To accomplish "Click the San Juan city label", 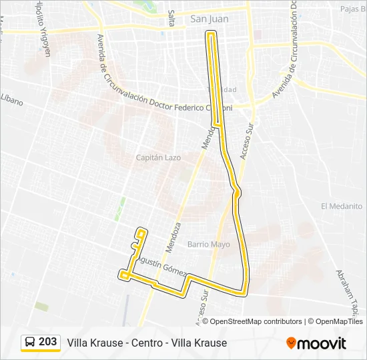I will click(209, 19).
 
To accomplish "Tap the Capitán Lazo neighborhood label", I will click(158, 157).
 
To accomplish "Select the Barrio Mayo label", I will click(208, 244).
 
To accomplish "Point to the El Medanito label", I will click(341, 206).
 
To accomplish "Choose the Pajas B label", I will click(353, 9).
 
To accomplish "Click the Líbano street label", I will click(11, 101).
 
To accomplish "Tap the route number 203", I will click(47, 342).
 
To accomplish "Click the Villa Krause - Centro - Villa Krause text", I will click(147, 343).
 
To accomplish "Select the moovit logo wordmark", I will click(321, 343).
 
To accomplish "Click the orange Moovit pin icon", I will click(291, 343).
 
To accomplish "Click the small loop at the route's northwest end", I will click(141, 233).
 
